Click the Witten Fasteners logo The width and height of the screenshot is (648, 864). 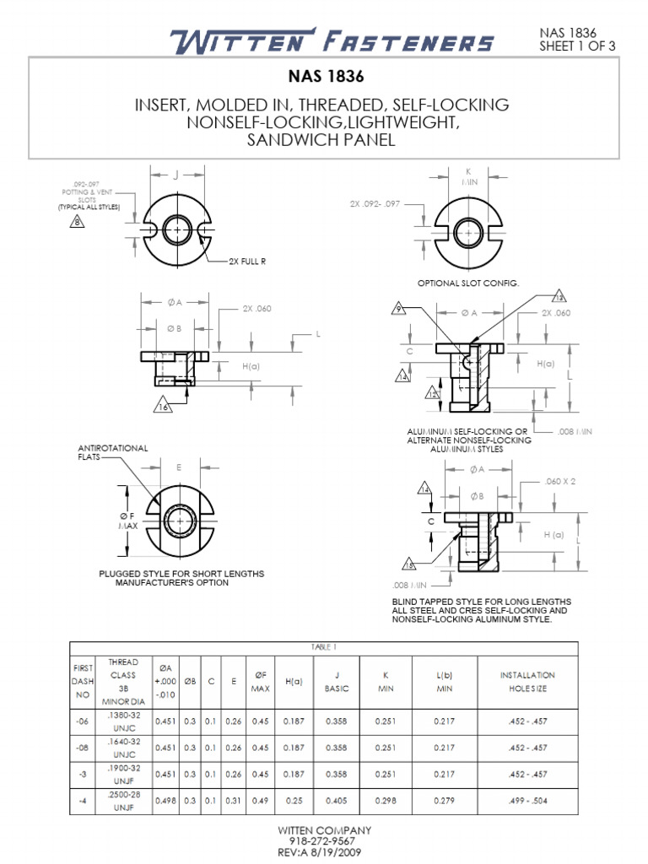(x=332, y=41)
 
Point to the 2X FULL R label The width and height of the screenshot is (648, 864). (x=247, y=262)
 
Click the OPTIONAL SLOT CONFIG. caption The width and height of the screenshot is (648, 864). (x=468, y=283)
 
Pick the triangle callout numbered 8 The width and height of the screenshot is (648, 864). (x=78, y=222)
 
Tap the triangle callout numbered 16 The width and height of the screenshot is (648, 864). (x=162, y=407)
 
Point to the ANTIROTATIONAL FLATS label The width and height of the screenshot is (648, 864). (x=112, y=452)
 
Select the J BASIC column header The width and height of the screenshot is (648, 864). (x=337, y=682)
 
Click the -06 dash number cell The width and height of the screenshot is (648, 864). (x=82, y=723)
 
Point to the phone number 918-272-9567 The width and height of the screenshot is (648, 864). (x=324, y=840)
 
